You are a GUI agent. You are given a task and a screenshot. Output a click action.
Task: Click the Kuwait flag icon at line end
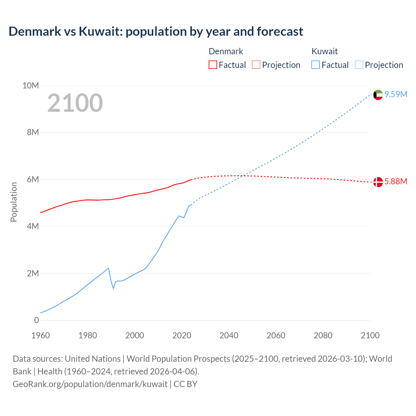click(x=378, y=95)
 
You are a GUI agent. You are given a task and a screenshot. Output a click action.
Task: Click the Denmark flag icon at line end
click(x=378, y=182)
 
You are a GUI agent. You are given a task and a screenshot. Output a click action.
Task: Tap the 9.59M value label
click(x=396, y=94)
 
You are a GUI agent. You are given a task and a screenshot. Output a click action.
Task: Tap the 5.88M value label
click(x=396, y=181)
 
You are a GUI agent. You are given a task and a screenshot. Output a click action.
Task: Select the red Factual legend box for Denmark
click(x=213, y=65)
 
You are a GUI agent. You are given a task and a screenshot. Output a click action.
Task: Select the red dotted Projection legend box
click(x=256, y=65)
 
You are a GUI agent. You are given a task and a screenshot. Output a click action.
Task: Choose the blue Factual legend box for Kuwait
click(x=316, y=65)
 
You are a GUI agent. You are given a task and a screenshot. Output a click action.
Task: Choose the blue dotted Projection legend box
click(x=359, y=65)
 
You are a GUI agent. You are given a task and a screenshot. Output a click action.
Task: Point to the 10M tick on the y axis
click(x=31, y=85)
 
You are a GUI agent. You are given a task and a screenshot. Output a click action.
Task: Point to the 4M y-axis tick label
click(x=33, y=226)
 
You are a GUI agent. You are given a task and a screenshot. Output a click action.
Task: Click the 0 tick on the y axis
click(x=36, y=320)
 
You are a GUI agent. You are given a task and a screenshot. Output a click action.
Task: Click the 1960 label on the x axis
click(x=41, y=335)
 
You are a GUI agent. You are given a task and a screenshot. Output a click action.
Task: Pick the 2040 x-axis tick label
click(x=229, y=335)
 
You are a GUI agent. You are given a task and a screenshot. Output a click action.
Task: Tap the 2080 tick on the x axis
click(x=323, y=335)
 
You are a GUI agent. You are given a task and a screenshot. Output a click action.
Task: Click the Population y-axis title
click(x=14, y=202)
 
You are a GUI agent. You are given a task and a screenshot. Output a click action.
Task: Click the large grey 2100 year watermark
click(x=75, y=103)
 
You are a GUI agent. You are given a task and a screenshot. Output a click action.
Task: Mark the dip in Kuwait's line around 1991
click(x=113, y=288)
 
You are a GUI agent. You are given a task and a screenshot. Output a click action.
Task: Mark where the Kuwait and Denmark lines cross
click(x=243, y=176)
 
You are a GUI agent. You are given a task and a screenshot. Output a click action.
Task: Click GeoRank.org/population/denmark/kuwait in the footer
click(x=90, y=384)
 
